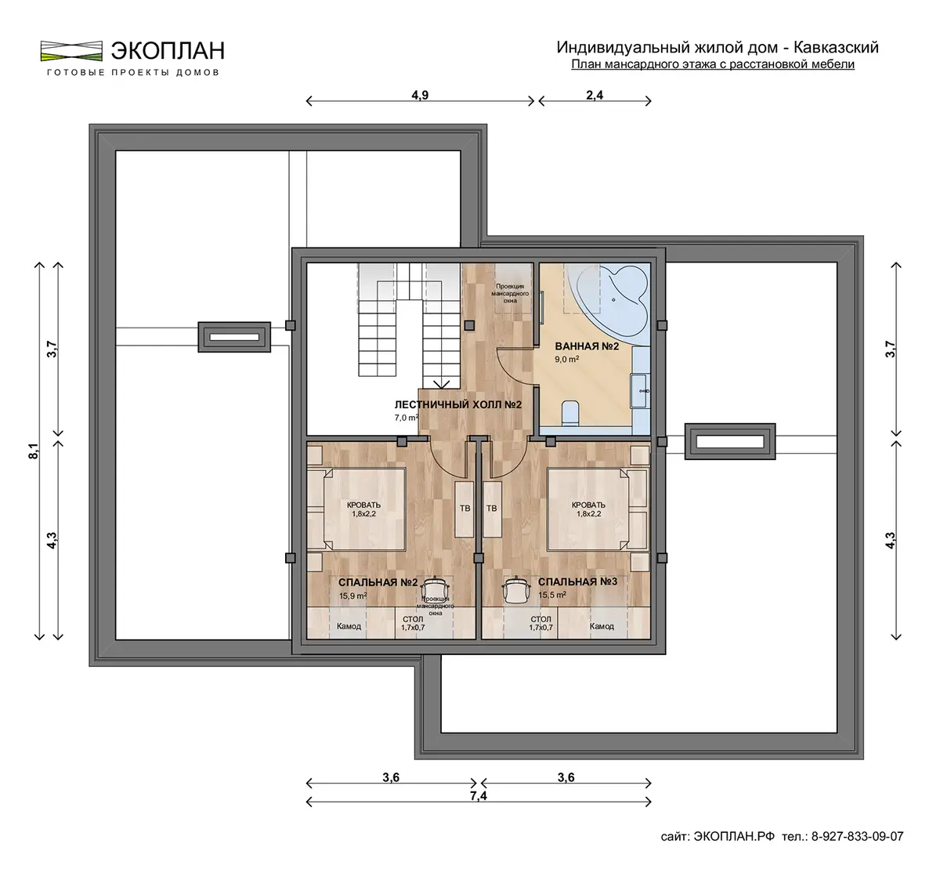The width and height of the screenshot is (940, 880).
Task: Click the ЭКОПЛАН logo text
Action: point(168,51)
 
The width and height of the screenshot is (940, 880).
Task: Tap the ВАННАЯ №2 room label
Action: point(587,346)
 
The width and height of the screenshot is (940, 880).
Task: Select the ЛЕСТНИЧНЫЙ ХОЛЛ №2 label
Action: point(457,404)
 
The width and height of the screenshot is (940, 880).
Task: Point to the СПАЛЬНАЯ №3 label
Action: point(577,581)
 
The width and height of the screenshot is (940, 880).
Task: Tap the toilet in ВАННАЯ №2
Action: point(569,412)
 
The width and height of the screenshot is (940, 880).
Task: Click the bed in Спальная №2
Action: point(356,509)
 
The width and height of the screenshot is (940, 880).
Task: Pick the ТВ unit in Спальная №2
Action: point(465,509)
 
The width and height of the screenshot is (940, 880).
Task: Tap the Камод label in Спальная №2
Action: point(349,626)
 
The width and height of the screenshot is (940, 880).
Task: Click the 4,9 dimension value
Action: point(420,95)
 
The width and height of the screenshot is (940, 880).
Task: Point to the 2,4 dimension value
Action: point(595,95)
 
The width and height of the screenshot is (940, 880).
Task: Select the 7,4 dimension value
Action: point(479,795)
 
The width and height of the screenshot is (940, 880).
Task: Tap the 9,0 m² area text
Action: point(567,359)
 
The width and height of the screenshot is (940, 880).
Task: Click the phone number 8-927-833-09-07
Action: point(857,836)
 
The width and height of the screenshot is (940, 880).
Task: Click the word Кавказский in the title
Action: point(836,47)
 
